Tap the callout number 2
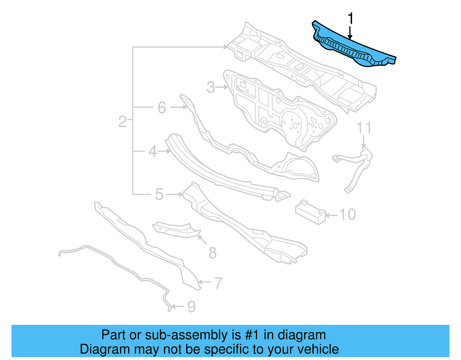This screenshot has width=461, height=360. coord(122,122)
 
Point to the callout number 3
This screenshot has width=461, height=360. coord(211,87)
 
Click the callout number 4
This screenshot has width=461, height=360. coord(153,151)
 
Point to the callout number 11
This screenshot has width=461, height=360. coord(364,128)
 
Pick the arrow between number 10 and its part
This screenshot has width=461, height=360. coord(332,215)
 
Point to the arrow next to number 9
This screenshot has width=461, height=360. coord(177,306)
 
